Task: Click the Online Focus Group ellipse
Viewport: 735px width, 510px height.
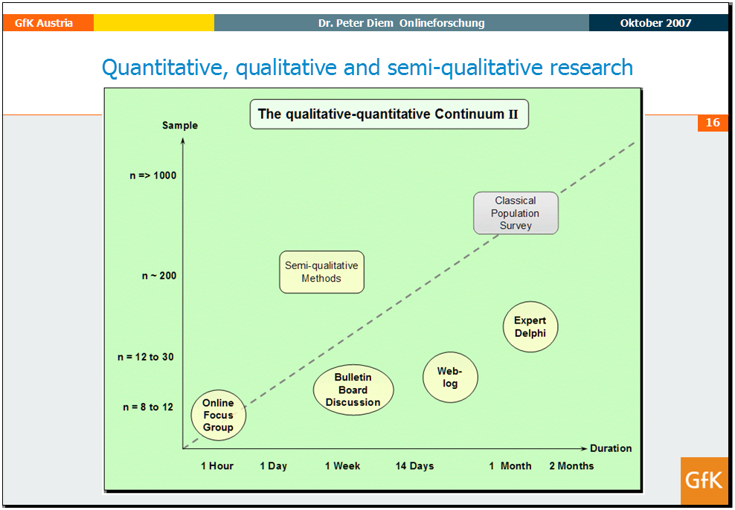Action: [x=219, y=415]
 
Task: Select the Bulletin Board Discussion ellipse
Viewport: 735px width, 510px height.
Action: [x=353, y=390]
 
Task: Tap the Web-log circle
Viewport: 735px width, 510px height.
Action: [x=450, y=377]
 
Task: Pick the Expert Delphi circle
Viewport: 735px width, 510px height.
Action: [x=530, y=326]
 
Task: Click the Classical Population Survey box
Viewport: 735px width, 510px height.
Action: [x=516, y=213]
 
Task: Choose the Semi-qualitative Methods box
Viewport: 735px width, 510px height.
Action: [x=321, y=272]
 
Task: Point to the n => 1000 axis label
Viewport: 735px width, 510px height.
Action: [x=153, y=175]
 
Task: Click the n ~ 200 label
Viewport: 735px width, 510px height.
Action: [x=159, y=276]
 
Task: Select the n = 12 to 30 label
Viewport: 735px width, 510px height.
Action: [x=146, y=357]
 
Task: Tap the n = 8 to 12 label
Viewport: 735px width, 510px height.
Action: [x=148, y=407]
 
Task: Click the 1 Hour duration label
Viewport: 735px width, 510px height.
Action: [x=217, y=466]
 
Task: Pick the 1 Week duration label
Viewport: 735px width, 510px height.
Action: [x=343, y=466]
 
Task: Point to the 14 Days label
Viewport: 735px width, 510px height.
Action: [x=415, y=466]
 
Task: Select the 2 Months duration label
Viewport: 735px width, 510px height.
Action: [x=571, y=466]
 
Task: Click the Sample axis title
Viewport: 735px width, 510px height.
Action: [x=180, y=126]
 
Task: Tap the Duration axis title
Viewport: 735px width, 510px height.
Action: [x=611, y=448]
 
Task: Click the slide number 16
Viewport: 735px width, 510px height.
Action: [x=713, y=123]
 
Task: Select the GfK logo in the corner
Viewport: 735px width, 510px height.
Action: [x=704, y=480]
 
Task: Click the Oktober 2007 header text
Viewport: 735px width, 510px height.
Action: [x=656, y=23]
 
